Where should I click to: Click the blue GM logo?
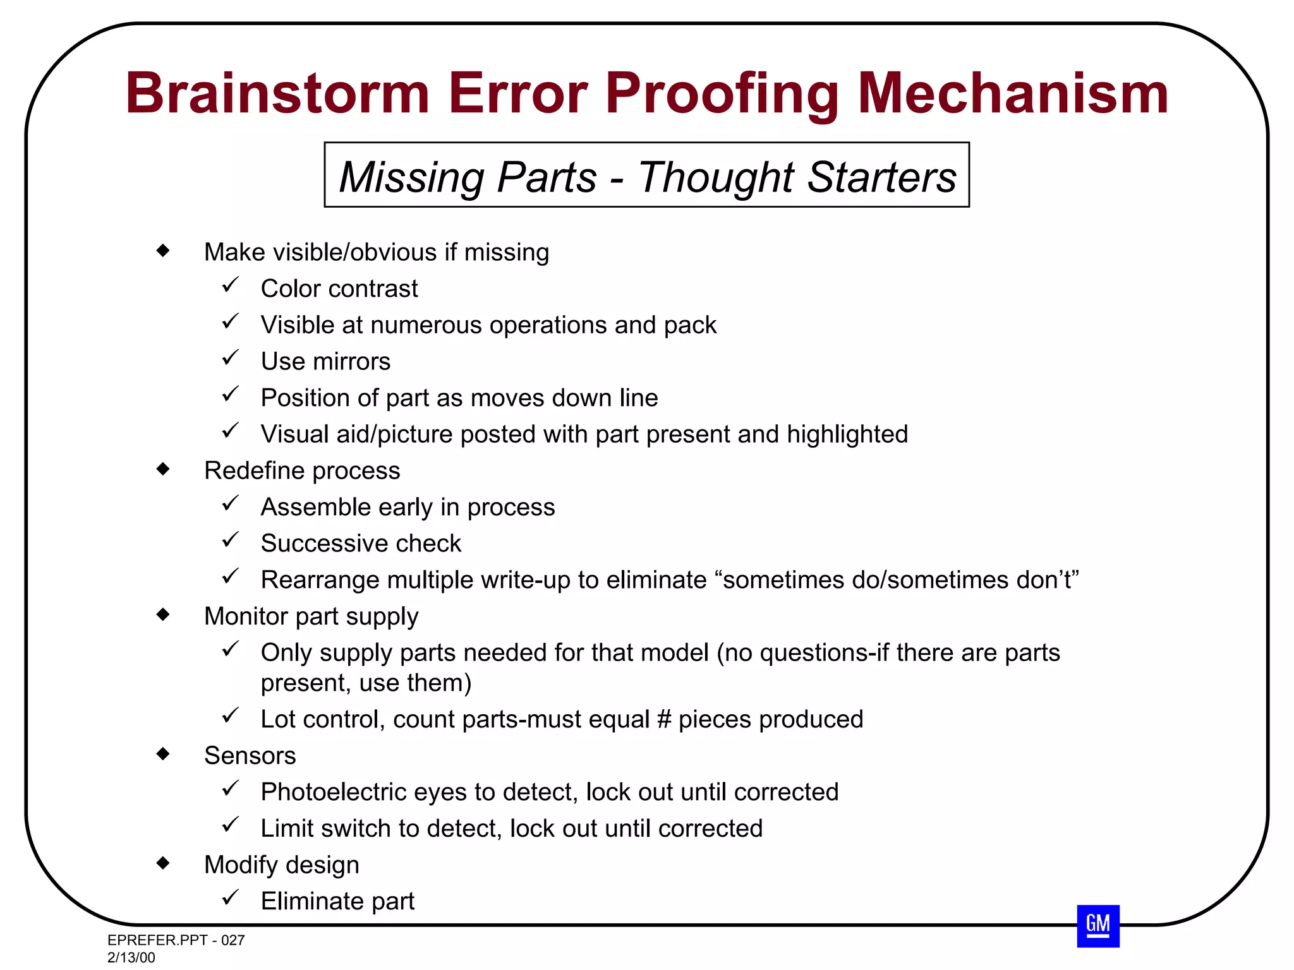pos(1098,926)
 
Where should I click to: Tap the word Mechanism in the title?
pos(1013,93)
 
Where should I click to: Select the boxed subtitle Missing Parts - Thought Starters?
pos(646,176)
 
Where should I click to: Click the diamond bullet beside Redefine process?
pos(163,469)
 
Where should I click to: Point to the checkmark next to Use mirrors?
pos(230,358)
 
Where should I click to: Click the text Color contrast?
pos(339,289)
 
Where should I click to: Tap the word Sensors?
pos(250,755)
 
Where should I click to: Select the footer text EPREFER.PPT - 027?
pos(176,940)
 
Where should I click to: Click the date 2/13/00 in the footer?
pos(131,957)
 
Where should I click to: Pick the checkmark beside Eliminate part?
pos(230,897)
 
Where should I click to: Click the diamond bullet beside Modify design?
pos(163,863)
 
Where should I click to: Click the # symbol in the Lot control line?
pos(663,719)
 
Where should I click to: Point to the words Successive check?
pos(361,543)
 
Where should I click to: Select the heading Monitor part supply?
pos(311,616)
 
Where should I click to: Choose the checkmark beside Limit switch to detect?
pos(230,825)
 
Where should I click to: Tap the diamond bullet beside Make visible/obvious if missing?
pos(163,251)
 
